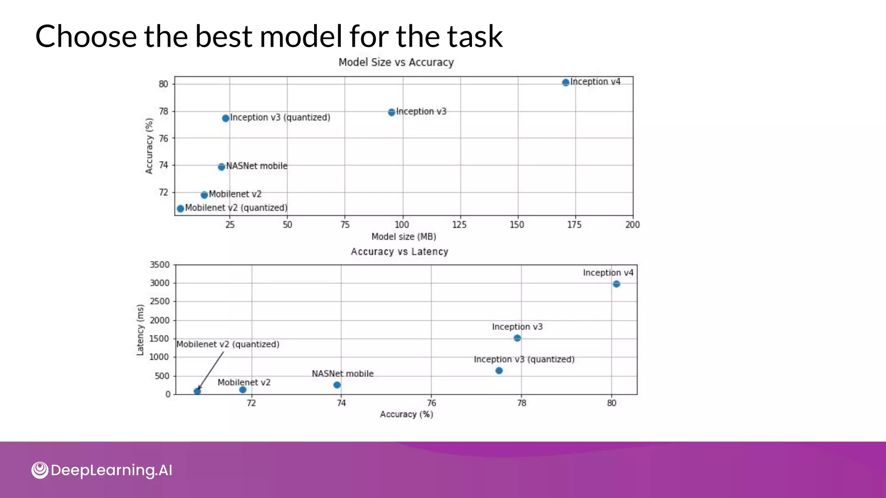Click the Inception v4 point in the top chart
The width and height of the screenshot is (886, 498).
click(565, 83)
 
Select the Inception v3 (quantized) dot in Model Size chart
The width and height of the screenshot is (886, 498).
click(225, 118)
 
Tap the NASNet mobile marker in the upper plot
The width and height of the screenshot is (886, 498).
click(221, 167)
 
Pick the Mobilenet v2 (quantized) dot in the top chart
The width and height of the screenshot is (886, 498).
click(180, 209)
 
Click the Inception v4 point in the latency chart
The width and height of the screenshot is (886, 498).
click(616, 284)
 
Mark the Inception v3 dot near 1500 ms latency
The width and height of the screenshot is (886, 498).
click(517, 338)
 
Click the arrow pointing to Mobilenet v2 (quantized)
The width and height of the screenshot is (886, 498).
click(211, 370)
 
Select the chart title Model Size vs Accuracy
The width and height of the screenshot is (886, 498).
click(396, 62)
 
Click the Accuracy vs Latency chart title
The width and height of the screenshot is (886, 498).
click(399, 252)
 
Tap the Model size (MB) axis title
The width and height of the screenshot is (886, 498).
click(404, 236)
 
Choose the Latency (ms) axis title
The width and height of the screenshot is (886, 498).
click(140, 330)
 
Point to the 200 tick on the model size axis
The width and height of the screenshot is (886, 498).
click(632, 225)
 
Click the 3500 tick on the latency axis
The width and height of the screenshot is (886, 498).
click(160, 265)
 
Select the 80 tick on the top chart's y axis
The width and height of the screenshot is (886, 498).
click(163, 84)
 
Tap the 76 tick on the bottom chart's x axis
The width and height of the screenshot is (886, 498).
click(431, 403)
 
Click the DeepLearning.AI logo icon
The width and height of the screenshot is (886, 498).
click(40, 470)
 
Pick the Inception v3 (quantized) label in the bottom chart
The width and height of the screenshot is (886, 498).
click(524, 359)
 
